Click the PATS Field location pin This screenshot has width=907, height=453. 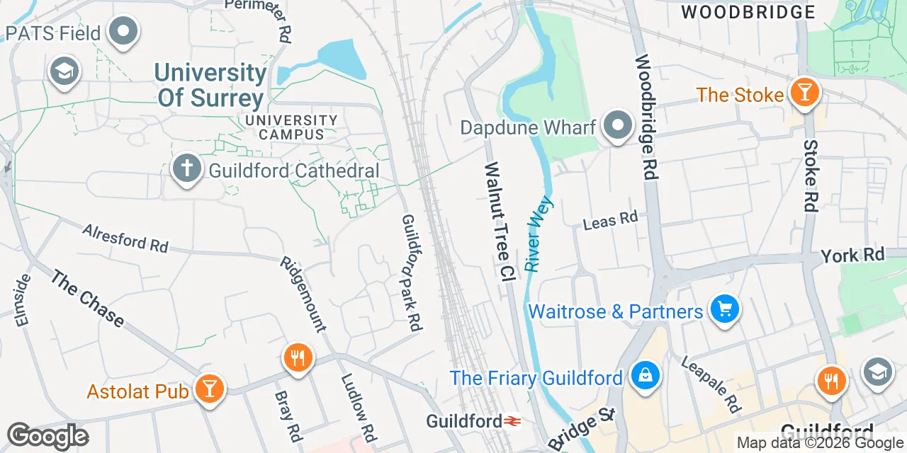[125, 31]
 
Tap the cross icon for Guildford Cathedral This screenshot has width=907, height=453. [186, 169]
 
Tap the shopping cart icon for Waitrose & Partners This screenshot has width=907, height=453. [724, 309]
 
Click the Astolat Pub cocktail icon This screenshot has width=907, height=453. [210, 388]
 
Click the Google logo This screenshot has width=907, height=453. [47, 435]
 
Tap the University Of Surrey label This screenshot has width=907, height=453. [211, 85]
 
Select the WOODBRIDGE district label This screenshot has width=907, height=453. [748, 12]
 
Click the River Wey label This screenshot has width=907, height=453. [539, 234]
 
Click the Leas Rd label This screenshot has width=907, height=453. [610, 220]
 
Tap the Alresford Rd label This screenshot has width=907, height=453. [125, 238]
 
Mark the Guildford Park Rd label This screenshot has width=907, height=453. [412, 273]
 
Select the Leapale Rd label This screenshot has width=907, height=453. [711, 384]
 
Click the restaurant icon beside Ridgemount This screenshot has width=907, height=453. [298, 358]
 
